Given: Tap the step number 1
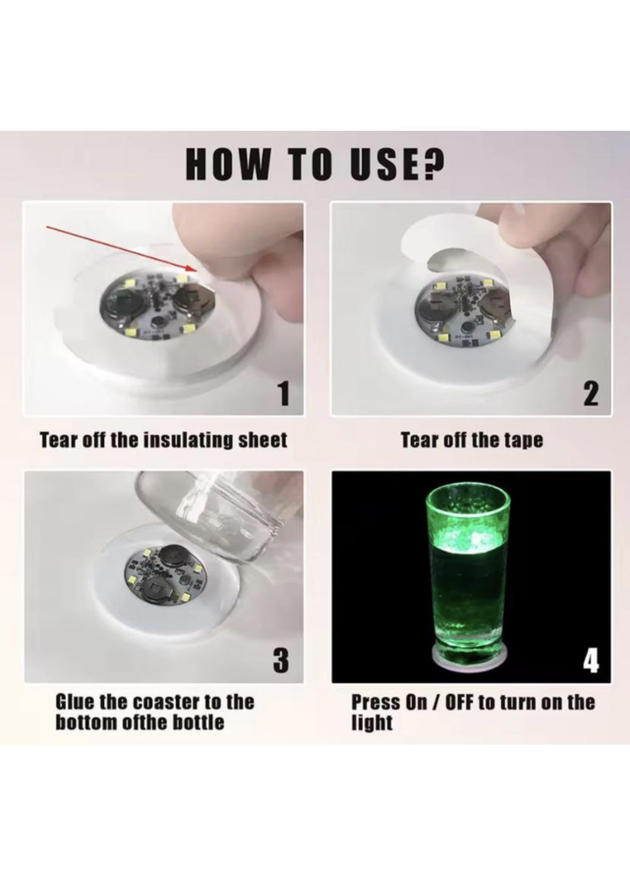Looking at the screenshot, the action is pos(283,394).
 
